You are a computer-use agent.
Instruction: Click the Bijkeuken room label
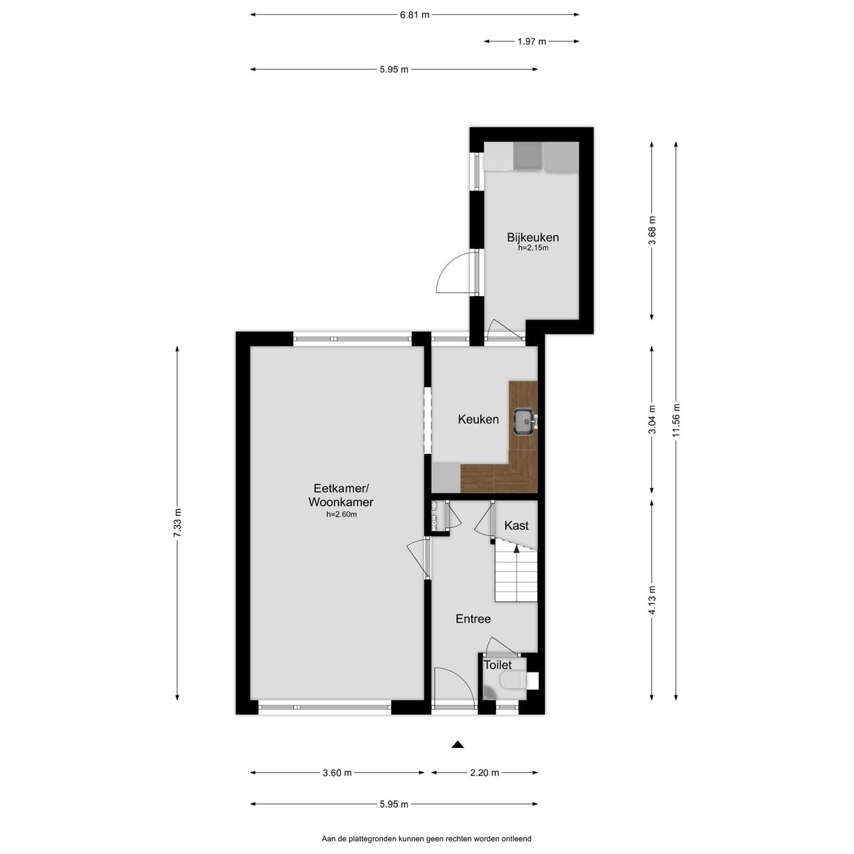[x=532, y=237]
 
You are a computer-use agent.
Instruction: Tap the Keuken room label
[x=478, y=419]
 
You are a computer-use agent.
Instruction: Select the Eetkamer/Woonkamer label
[x=341, y=495]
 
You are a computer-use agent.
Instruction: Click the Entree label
[x=473, y=618]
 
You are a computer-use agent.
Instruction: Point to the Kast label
[x=516, y=525]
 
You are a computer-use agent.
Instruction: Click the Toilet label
[x=497, y=665]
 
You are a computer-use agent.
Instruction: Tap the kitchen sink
[x=524, y=419]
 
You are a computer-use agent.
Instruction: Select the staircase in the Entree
[x=515, y=574]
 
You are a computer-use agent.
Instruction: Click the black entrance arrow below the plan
[x=458, y=744]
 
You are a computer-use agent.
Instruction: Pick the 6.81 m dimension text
[x=415, y=14]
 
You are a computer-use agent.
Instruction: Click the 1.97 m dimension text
[x=532, y=41]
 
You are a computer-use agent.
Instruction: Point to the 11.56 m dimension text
[x=676, y=420]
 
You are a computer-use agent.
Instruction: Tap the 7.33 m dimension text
[x=177, y=523]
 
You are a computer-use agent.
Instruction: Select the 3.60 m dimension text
[x=337, y=773]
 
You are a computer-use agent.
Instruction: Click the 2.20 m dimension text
[x=485, y=773]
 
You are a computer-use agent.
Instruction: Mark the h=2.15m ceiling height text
[x=532, y=248]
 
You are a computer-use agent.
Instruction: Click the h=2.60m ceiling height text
[x=341, y=514]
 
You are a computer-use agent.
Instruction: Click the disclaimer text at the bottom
[x=427, y=839]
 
